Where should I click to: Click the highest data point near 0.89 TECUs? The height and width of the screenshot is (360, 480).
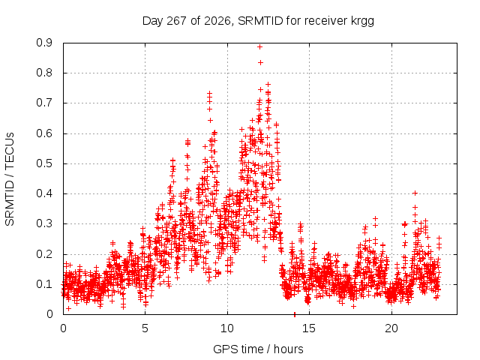(260, 46)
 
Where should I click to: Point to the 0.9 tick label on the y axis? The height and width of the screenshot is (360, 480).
(44, 43)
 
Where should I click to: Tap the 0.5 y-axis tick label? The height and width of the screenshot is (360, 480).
(44, 163)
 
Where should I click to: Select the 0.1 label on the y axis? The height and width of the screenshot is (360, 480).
(44, 284)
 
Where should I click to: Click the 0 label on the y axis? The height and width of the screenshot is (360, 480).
(49, 314)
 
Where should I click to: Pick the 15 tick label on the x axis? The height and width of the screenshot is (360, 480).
(309, 328)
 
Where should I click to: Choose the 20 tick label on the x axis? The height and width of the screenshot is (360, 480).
(391, 328)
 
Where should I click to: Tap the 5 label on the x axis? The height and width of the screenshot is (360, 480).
(145, 328)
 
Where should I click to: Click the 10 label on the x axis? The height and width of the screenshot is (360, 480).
(227, 328)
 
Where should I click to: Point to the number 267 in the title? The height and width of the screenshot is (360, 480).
(176, 21)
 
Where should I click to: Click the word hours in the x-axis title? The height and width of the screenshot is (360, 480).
(288, 349)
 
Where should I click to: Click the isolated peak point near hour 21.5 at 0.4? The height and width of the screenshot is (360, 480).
(415, 193)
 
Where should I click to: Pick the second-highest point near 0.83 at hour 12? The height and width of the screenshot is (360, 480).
(260, 62)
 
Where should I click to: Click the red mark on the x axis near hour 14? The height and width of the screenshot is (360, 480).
(295, 314)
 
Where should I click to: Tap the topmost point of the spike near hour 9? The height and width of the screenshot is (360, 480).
(210, 93)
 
